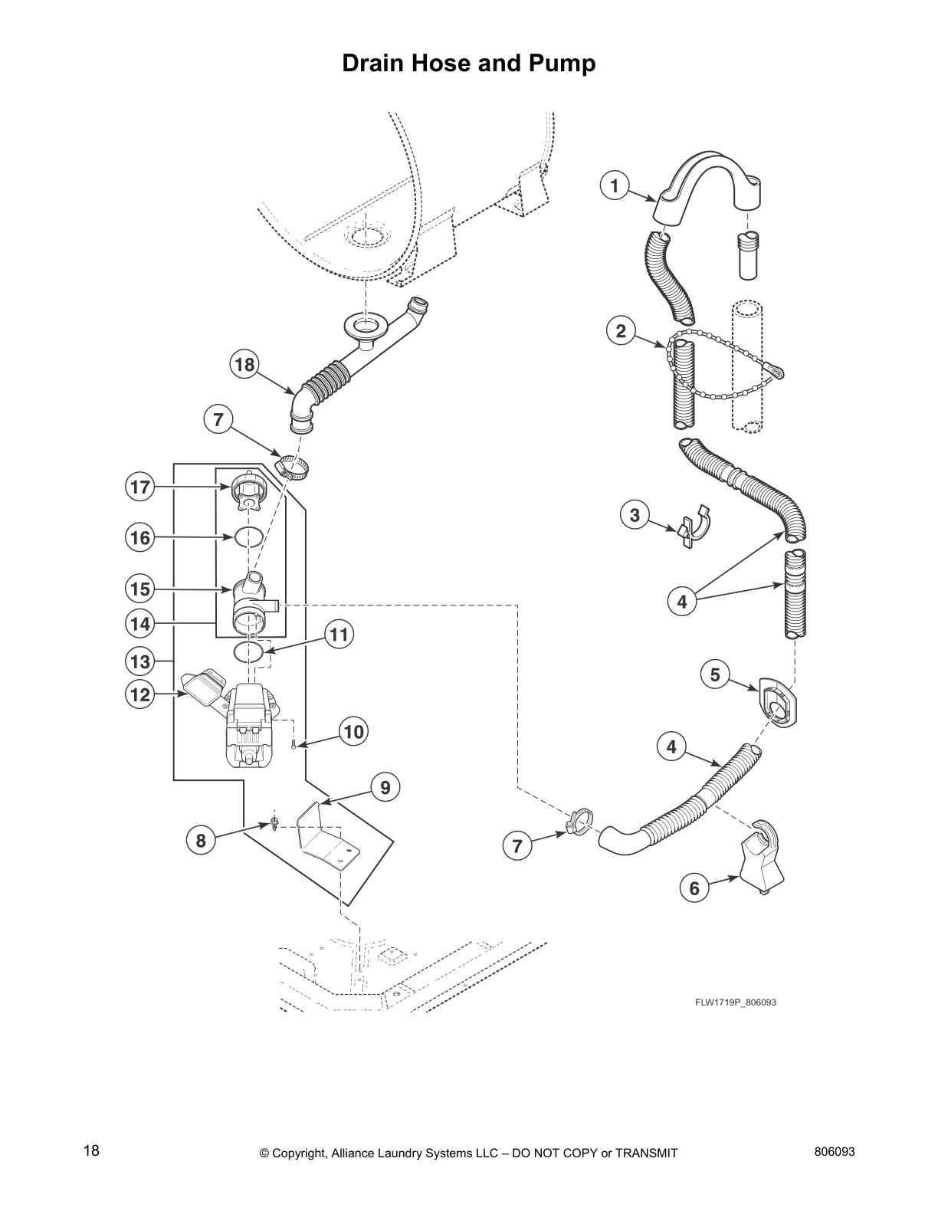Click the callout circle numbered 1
point(615,185)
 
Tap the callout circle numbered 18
point(244,365)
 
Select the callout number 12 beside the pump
point(140,694)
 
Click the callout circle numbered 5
point(715,674)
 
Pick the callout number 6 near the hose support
point(694,888)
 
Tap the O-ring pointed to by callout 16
point(250,537)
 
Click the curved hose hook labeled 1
point(709,192)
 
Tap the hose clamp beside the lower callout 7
point(579,822)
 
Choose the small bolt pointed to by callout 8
point(274,823)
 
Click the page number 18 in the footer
point(91,1150)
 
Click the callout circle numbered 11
point(337,634)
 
